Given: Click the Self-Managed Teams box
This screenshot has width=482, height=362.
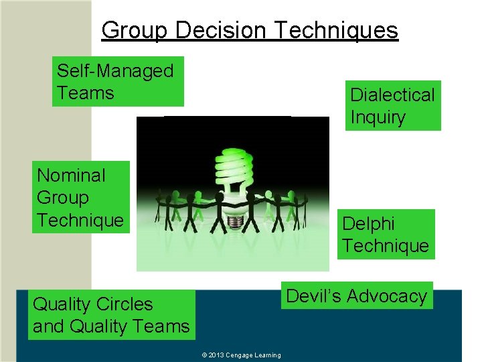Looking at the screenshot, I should click(118, 81).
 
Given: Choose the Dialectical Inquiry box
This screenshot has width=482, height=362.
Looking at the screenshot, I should click(392, 105).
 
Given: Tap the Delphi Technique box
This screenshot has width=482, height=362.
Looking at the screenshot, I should click(386, 234).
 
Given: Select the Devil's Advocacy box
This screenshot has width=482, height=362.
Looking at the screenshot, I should click(357, 296).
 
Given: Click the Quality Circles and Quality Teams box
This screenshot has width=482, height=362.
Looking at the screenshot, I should click(111, 315).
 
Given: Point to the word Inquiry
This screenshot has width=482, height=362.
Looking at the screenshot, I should click(378, 117).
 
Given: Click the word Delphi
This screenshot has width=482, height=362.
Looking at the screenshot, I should click(368, 223).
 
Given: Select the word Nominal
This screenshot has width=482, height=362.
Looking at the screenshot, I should click(71, 176).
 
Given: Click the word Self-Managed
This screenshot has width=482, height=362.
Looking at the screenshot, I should click(115, 70).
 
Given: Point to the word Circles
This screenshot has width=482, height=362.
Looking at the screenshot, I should click(125, 304).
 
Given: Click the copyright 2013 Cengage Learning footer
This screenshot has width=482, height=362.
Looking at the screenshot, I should click(241, 355).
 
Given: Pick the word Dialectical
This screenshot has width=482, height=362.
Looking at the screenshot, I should click(392, 95).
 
